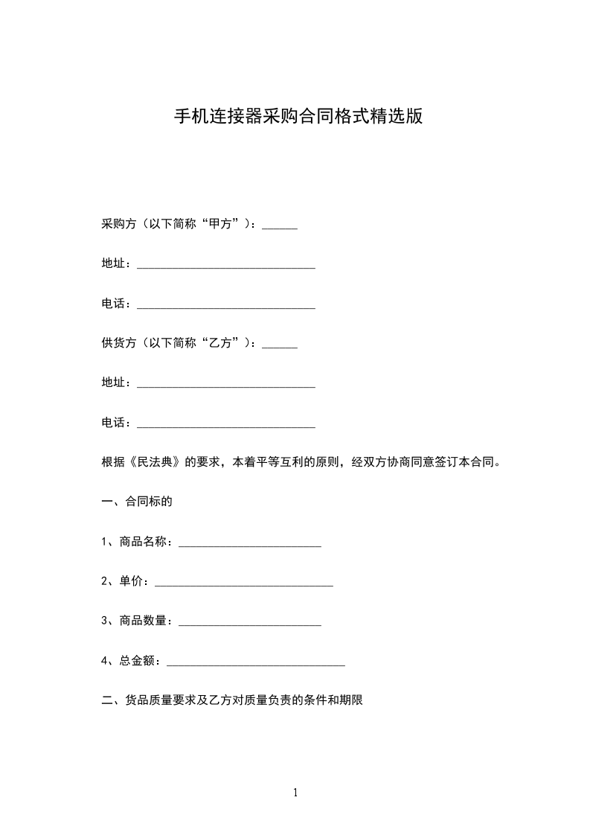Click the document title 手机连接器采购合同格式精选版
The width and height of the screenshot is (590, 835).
pyautogui.click(x=298, y=117)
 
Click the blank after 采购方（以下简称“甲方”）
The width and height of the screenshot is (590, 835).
pyautogui.click(x=280, y=225)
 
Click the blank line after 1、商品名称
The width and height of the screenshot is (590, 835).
pyautogui.click(x=250, y=545)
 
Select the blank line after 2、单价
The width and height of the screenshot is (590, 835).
pyautogui.click(x=243, y=584)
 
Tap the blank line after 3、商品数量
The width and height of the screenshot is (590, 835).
pyautogui.click(x=250, y=624)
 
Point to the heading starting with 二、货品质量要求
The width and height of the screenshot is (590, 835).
pyautogui.click(x=231, y=700)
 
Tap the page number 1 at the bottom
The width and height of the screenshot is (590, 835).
pyautogui.click(x=295, y=793)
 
